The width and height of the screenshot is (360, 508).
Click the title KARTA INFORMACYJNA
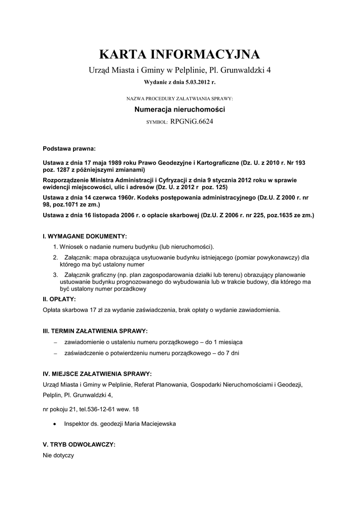pyautogui.click(x=180, y=54)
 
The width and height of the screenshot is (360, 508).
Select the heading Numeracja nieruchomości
pyautogui.click(x=180, y=109)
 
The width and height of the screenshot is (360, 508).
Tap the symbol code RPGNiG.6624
pyautogui.click(x=191, y=121)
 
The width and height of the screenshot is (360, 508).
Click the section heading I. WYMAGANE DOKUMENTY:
pyautogui.click(x=85, y=236)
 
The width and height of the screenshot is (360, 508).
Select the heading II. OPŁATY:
pyautogui.click(x=60, y=299)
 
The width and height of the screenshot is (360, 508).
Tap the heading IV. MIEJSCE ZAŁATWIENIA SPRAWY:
pyautogui.click(x=97, y=374)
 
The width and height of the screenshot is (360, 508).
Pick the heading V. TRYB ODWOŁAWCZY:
pyautogui.click(x=79, y=445)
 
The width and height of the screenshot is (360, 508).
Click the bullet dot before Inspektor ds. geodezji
pyautogui.click(x=54, y=425)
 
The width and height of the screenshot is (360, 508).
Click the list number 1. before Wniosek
pyautogui.click(x=56, y=247)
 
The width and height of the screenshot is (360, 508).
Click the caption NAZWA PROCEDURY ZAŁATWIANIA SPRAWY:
pyautogui.click(x=180, y=99)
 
